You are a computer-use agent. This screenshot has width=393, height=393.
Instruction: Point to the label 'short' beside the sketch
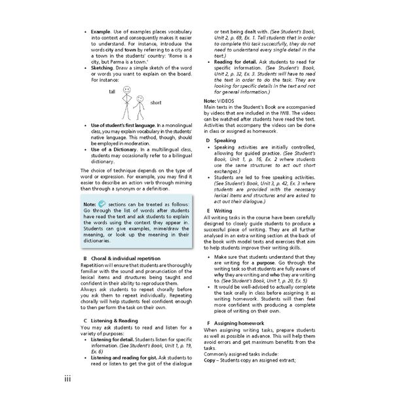[155, 103]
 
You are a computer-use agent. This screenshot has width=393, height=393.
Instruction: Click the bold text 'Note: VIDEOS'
[219, 100]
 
